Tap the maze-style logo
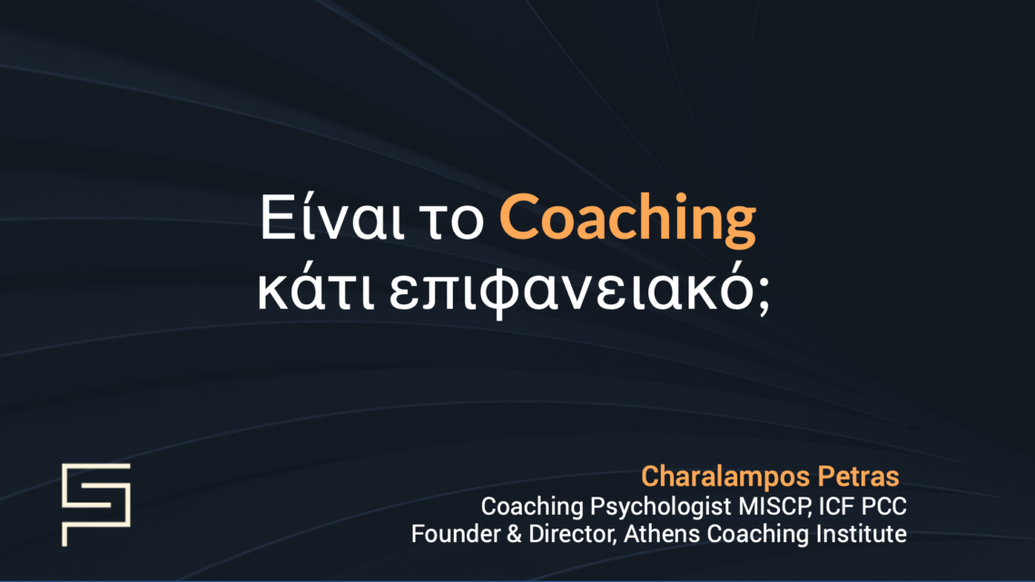(x=95, y=504)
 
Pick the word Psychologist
(x=637, y=505)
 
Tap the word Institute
(x=861, y=534)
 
